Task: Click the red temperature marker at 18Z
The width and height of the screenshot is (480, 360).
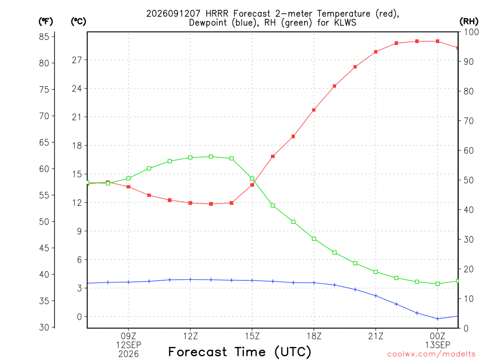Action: [x=314, y=110]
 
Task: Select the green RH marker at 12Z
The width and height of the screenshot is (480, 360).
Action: [x=190, y=157]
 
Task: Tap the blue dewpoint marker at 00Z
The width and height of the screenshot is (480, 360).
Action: [x=437, y=319]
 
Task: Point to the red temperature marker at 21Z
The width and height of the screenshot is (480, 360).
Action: [x=375, y=52]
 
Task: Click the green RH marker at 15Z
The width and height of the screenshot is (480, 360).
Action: [x=252, y=179]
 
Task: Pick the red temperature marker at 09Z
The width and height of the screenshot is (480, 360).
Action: [x=128, y=187]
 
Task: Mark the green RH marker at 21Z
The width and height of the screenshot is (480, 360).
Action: [x=375, y=272]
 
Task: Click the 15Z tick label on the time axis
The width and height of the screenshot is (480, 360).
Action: [x=252, y=336]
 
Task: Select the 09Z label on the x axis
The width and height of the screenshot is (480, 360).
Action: [x=128, y=336]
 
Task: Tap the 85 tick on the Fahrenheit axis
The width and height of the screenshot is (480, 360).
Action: [x=44, y=37]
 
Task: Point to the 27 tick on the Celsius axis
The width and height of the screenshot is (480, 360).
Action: [x=77, y=60]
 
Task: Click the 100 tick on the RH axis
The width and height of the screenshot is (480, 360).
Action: [x=471, y=32]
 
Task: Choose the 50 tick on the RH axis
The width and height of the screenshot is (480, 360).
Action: [x=469, y=180]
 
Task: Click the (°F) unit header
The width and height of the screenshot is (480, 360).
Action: [x=45, y=22]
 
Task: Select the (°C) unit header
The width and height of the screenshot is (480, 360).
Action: [x=78, y=22]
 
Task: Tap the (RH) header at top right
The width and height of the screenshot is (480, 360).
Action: [x=469, y=22]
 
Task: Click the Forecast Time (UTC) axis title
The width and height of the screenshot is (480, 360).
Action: [x=240, y=352]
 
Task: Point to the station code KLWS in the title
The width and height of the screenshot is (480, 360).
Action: [x=345, y=22]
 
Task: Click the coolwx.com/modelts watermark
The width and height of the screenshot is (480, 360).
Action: [x=433, y=354]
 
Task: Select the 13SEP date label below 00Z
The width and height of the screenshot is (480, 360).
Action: [x=437, y=345]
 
